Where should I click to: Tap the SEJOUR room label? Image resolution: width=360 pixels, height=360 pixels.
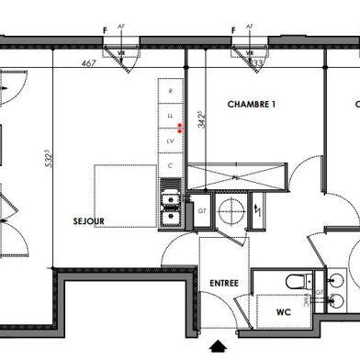[x=89, y=221]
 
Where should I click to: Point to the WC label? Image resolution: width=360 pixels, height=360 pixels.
[x=284, y=311]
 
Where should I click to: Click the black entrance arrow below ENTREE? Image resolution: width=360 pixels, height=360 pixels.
[x=219, y=347]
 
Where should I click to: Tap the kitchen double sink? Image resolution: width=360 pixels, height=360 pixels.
[x=169, y=204]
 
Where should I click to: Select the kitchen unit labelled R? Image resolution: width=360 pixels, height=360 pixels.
[x=169, y=91]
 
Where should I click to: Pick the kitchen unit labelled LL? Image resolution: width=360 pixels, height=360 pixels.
[x=169, y=117]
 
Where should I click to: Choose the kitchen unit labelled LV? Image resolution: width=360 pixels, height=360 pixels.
[x=169, y=141]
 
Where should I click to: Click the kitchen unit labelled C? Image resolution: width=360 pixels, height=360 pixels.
[x=169, y=164]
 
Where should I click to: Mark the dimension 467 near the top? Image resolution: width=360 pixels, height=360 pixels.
[x=89, y=63]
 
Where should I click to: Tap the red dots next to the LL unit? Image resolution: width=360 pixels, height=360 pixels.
[x=181, y=128]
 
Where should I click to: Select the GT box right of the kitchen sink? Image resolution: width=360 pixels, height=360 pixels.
[x=201, y=210]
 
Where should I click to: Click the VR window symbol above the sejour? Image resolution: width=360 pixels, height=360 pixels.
[x=120, y=54]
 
